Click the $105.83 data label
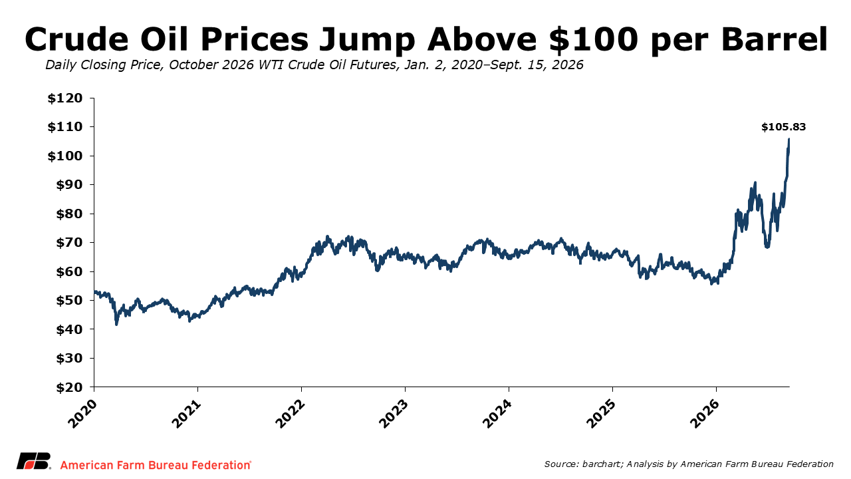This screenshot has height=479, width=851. pyautogui.click(x=783, y=127)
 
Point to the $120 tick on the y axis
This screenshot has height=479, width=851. pyautogui.click(x=65, y=98)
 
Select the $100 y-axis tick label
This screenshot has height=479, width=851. pyautogui.click(x=65, y=156)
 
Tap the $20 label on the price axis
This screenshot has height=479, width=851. pyautogui.click(x=69, y=388)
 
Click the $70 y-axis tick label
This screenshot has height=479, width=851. pyautogui.click(x=69, y=243)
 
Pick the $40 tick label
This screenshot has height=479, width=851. pyautogui.click(x=69, y=330)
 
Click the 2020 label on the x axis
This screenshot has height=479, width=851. pyautogui.click(x=82, y=414)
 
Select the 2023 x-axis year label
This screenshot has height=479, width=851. pyautogui.click(x=394, y=414)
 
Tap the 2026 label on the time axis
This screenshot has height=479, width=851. pyautogui.click(x=705, y=414)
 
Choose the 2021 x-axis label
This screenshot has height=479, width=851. pyautogui.click(x=186, y=414)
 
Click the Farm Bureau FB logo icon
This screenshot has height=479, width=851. pyautogui.click(x=34, y=461)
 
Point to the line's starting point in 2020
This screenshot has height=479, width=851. pyautogui.click(x=94, y=291)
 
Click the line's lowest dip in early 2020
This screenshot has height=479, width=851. pyautogui.click(x=116, y=324)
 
